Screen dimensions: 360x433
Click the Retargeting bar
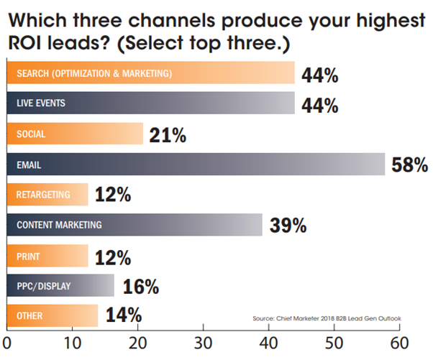click(47, 194)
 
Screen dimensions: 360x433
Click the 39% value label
click(288, 225)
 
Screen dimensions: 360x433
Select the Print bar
click(47, 255)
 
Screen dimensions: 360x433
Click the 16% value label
click(140, 286)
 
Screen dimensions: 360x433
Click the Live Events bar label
click(41, 103)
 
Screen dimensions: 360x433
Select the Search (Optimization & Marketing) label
click(94, 73)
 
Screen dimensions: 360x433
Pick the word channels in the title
click(165, 15)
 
